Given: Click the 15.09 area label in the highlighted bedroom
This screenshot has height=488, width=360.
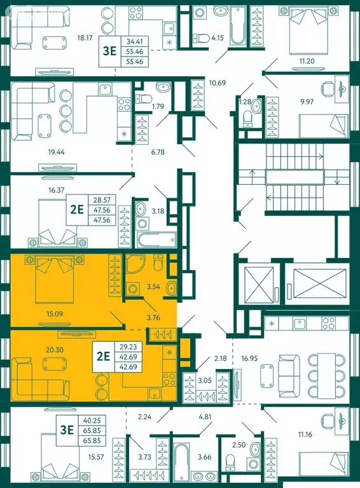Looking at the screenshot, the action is (x=55, y=314).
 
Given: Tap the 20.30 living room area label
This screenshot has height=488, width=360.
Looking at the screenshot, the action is (x=55, y=350).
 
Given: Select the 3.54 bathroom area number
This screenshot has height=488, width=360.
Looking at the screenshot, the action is (x=153, y=287).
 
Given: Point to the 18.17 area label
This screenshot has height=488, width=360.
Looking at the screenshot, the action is (x=85, y=38).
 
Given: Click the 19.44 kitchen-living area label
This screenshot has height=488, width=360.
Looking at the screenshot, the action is (x=57, y=152).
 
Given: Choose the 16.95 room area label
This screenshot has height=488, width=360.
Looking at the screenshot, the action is (x=249, y=358).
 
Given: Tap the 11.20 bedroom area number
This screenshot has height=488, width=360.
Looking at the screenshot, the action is (x=307, y=61).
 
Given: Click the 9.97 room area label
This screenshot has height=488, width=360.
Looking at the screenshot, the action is (x=307, y=102).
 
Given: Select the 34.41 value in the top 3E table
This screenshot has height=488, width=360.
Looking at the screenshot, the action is (x=135, y=41).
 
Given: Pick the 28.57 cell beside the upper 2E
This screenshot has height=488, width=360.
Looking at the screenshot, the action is (x=102, y=200).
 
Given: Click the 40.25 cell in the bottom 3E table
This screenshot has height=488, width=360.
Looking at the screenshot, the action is (x=92, y=421).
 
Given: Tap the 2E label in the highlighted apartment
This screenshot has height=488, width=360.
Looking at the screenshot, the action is (x=104, y=356).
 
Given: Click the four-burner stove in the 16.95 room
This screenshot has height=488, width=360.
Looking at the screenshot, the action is (x=329, y=323).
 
